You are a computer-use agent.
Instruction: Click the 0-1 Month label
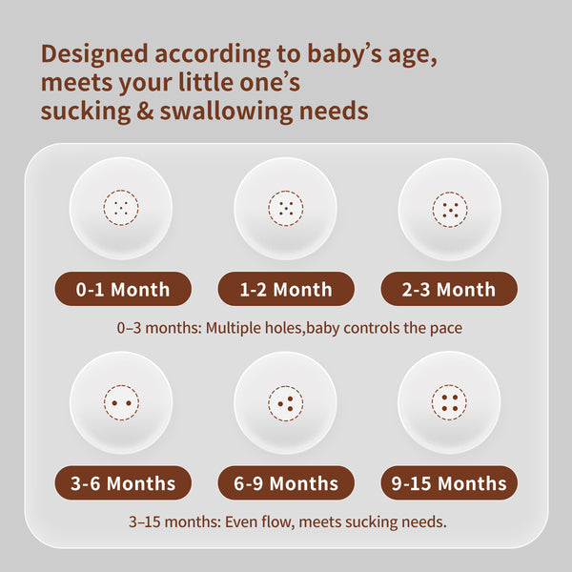(123, 289)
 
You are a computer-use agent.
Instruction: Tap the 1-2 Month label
(286, 289)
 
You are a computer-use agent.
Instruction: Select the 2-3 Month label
(449, 289)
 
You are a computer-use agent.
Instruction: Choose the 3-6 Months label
(123, 483)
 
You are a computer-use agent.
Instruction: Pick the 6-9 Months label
(286, 483)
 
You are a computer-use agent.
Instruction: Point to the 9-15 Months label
(449, 483)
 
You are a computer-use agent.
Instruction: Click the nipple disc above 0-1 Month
(121, 208)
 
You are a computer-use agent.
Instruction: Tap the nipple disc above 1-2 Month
(286, 209)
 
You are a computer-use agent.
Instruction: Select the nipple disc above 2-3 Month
(450, 210)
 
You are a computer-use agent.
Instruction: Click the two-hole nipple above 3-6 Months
(121, 402)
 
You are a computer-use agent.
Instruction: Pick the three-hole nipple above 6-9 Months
(286, 403)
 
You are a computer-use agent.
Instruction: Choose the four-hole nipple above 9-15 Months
(449, 402)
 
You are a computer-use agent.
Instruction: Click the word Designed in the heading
(94, 54)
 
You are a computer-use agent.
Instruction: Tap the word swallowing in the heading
(226, 112)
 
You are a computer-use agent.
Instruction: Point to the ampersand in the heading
(145, 111)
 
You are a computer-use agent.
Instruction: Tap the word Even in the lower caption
(239, 522)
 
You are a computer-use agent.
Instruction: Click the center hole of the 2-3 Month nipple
(451, 210)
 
